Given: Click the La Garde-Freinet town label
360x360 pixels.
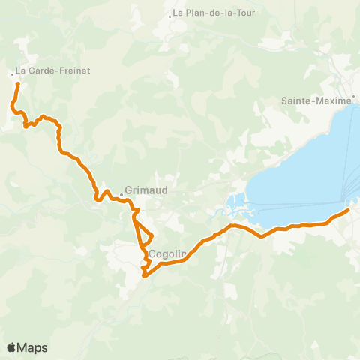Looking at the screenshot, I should [42, 73].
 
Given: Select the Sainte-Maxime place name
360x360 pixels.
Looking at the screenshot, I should [316, 100].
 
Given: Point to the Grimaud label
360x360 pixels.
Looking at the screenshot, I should [146, 190].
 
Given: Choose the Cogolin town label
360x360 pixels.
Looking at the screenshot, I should [167, 254].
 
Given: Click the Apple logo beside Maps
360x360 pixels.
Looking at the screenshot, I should [12, 347].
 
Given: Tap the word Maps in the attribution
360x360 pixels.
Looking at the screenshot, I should [34, 347].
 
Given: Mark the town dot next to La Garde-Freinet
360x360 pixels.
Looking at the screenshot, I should [12, 73].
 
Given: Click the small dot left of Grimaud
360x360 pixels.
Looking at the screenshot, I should [121, 197].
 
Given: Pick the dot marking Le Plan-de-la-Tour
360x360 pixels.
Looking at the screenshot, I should [170, 14].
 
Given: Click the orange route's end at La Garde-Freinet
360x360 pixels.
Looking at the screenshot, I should [17, 84].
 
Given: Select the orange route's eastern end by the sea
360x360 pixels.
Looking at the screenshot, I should [348, 211].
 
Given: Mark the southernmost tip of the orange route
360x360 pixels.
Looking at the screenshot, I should [144, 275].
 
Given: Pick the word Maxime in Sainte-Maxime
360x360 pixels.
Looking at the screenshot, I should [333, 100].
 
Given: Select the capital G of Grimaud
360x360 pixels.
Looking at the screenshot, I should [129, 190].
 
